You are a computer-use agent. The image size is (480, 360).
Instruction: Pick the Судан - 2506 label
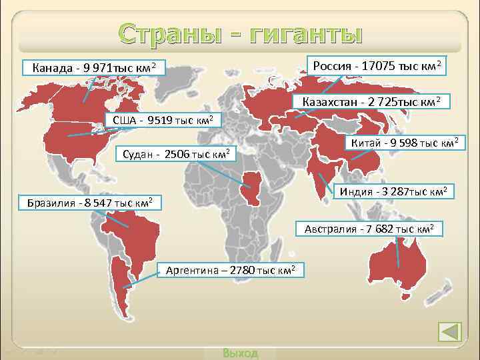[x=176, y=155]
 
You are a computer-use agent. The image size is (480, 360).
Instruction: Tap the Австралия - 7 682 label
[x=369, y=229]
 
